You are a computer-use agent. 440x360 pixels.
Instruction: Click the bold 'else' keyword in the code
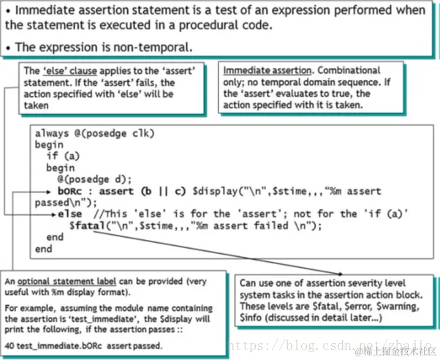[69, 214]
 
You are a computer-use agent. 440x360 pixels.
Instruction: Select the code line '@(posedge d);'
[92, 179]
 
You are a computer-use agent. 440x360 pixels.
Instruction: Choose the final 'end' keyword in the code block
[43, 249]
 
